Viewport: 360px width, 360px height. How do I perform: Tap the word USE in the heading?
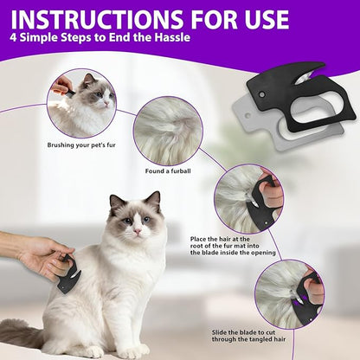coord(261,20)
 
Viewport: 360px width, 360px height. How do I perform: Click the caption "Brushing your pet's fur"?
coord(81,145)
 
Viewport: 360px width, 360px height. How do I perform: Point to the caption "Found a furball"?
coord(168,171)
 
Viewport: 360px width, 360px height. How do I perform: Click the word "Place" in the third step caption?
coord(198,239)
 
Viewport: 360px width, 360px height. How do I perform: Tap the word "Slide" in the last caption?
coord(220,332)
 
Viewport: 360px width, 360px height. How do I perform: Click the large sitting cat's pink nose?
coord(138,231)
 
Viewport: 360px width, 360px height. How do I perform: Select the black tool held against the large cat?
coord(68,274)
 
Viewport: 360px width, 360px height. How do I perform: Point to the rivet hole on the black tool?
coord(262,94)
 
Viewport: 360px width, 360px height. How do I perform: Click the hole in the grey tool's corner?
coord(247,116)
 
